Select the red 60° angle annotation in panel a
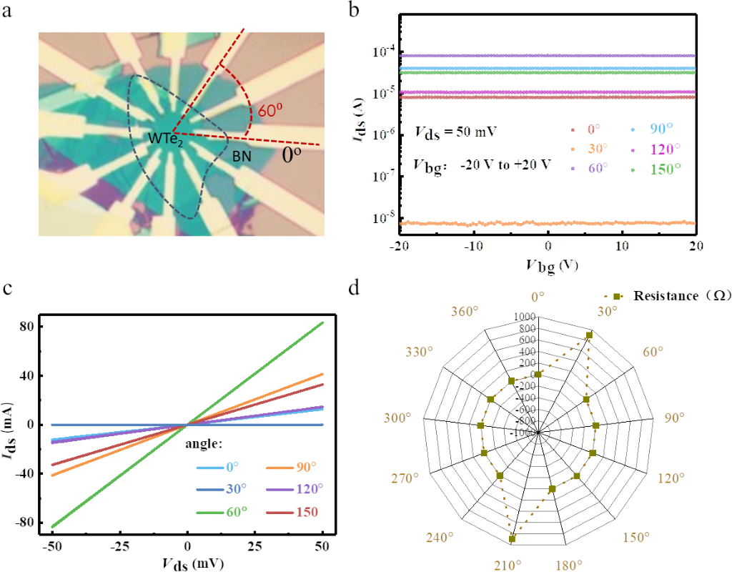266,112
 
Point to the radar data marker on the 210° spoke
512,538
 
